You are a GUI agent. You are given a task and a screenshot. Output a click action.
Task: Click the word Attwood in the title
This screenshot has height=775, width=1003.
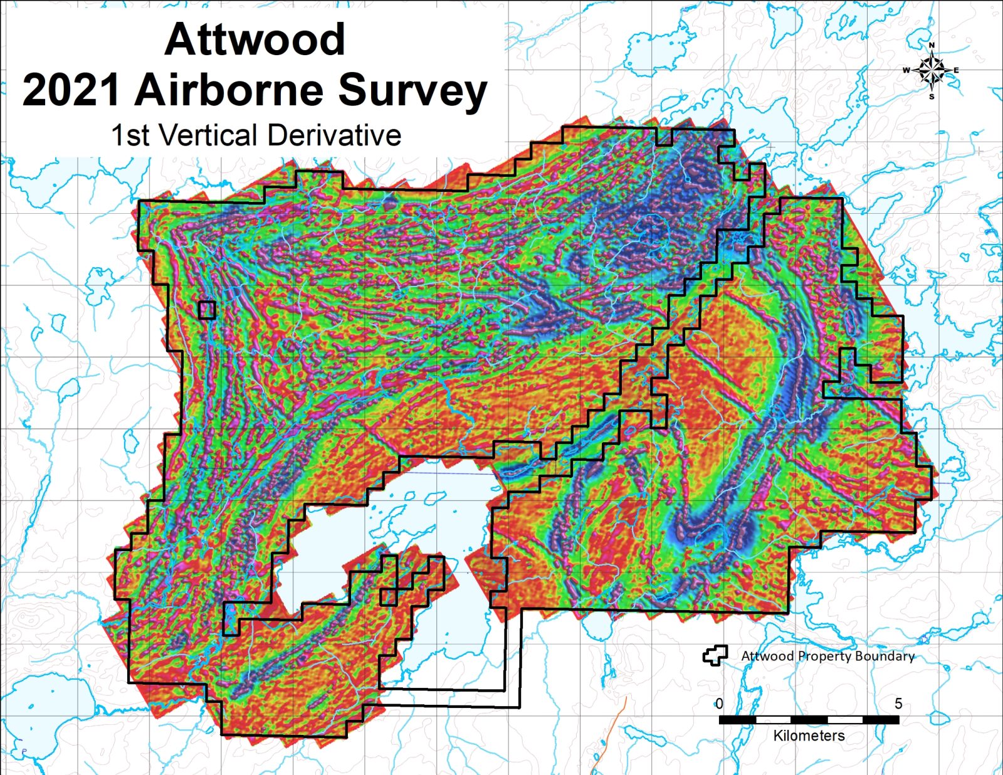pyautogui.click(x=255, y=40)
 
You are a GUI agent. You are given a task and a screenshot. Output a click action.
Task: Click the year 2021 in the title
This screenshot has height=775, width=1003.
pyautogui.click(x=71, y=90)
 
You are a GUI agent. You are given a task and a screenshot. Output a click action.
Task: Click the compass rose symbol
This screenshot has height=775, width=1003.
pyautogui.click(x=932, y=70)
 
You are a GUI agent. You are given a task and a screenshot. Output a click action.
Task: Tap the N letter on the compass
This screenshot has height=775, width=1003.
pyautogui.click(x=932, y=45)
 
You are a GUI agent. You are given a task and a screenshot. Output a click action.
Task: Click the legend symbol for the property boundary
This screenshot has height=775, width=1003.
pyautogui.click(x=715, y=656)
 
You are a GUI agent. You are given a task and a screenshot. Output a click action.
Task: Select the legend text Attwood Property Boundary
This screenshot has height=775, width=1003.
pyautogui.click(x=827, y=656)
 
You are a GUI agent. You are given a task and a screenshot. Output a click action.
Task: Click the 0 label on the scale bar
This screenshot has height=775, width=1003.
pyautogui.click(x=719, y=704)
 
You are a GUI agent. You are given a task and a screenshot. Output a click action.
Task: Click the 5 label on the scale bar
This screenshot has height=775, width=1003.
pyautogui.click(x=898, y=704)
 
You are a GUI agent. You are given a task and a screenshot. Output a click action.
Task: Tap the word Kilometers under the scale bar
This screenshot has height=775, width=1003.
pyautogui.click(x=809, y=735)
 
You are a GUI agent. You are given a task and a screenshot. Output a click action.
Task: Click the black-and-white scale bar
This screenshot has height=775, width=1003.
pyautogui.click(x=809, y=720)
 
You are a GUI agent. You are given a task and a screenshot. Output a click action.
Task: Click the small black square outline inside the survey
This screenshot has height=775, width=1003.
pyautogui.click(x=207, y=310)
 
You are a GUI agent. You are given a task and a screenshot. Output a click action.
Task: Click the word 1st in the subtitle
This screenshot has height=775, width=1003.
pyautogui.click(x=130, y=135)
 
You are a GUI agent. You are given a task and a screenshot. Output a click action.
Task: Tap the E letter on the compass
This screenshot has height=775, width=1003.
pyautogui.click(x=957, y=70)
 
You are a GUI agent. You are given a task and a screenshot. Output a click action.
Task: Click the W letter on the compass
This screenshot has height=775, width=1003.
pyautogui.click(x=906, y=70)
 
